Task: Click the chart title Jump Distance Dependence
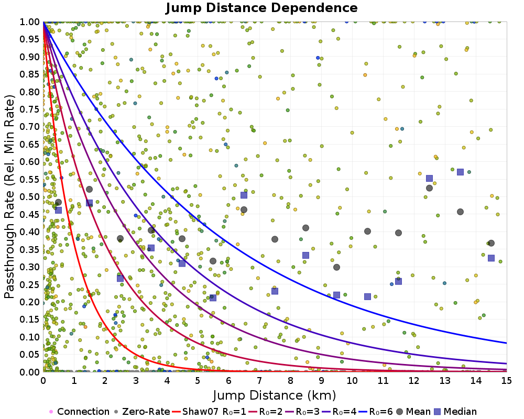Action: [261, 8]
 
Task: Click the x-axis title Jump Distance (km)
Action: [275, 394]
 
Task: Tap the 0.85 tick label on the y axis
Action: [30, 74]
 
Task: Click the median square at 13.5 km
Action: [460, 172]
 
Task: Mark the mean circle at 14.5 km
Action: [491, 243]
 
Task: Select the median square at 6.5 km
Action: [244, 195]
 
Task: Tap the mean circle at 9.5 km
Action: [336, 267]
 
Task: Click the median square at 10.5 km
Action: [367, 296]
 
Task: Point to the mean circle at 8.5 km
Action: [305, 228]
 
